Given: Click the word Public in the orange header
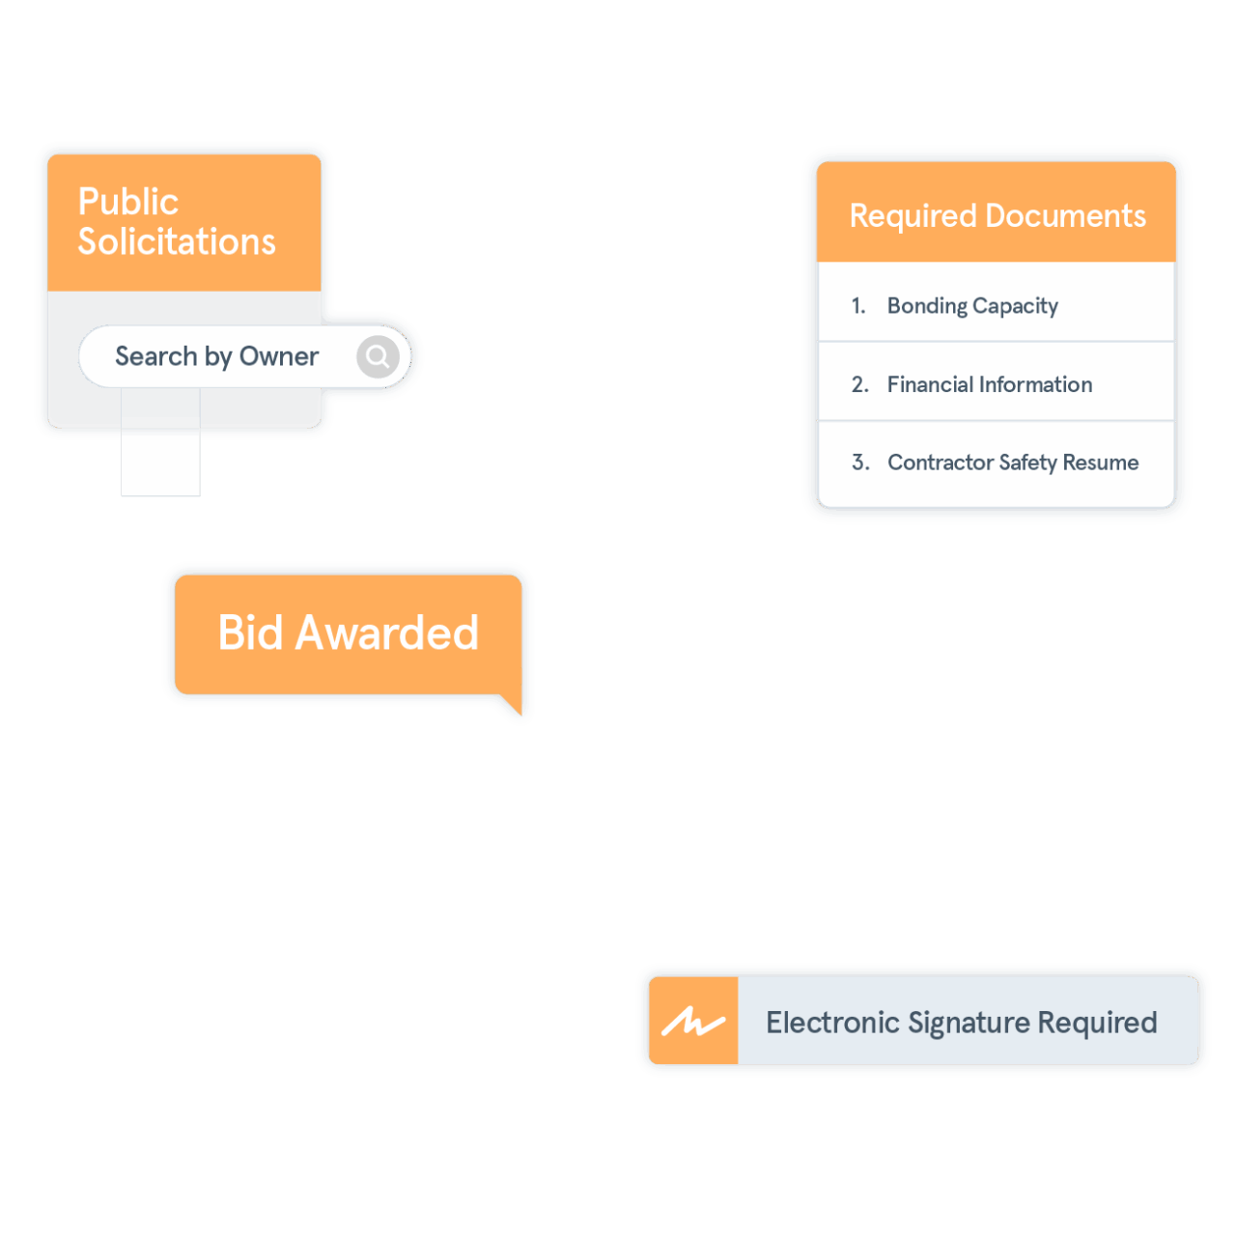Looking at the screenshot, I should [128, 202].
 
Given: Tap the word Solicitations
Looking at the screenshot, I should [177, 241].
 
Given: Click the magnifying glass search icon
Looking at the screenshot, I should [378, 357].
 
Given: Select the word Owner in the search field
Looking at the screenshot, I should [279, 356].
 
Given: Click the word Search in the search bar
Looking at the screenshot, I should [156, 356].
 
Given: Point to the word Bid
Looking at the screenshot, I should [250, 633].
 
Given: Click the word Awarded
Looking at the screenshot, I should [387, 633].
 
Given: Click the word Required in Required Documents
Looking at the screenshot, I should [913, 216].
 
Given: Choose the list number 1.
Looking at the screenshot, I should [857, 306].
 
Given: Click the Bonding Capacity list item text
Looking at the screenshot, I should [972, 306].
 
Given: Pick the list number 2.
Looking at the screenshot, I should [859, 384].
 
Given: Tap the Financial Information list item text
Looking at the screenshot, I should [990, 384].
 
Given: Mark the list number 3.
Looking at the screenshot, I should [860, 463].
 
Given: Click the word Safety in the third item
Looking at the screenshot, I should [1027, 463].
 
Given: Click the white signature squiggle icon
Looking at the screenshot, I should [692, 1022].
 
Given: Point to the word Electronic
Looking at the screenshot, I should [832, 1023].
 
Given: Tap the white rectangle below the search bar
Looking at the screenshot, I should [160, 463].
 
